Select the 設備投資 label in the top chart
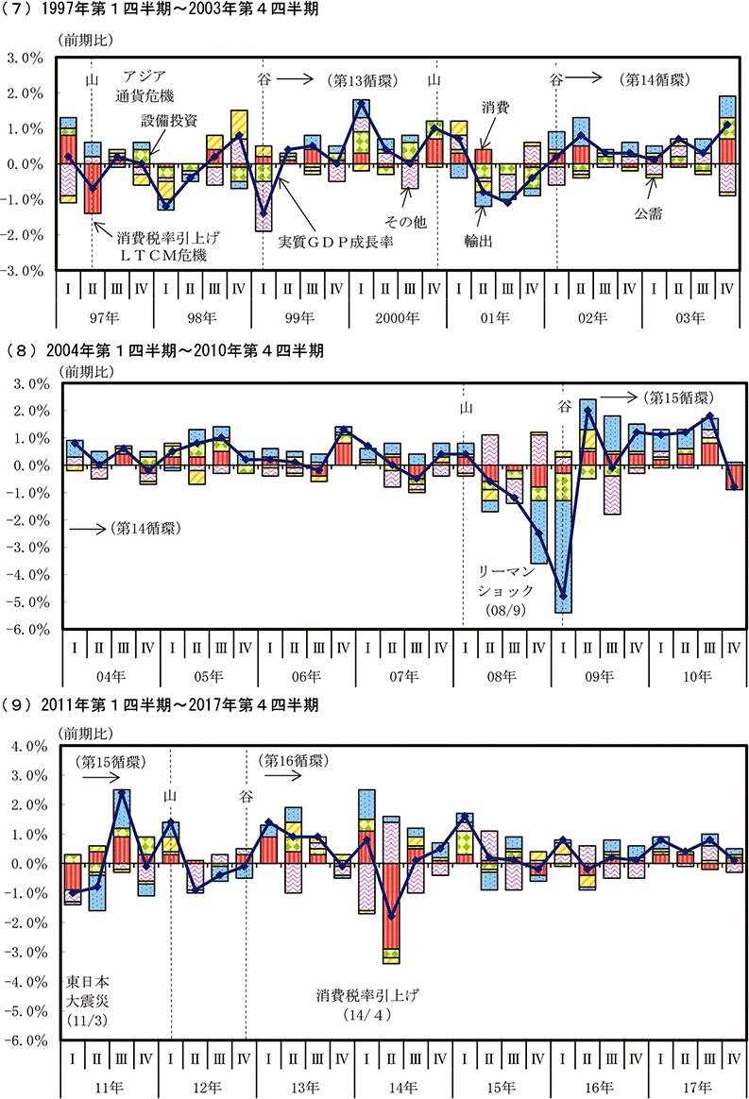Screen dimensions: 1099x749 pos(170,121)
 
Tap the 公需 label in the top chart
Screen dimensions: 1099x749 pos(649,213)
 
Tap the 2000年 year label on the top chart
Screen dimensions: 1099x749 pos(398,319)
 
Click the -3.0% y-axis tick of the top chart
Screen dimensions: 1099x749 pos(26,270)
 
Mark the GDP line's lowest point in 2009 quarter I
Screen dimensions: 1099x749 pos(563,597)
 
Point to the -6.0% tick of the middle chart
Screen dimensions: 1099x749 pos(26,629)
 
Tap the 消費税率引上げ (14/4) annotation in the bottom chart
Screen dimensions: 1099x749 pos(367,1004)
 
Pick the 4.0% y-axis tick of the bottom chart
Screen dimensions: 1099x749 pos(26,746)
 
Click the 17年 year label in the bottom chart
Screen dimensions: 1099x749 pos(697,1087)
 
